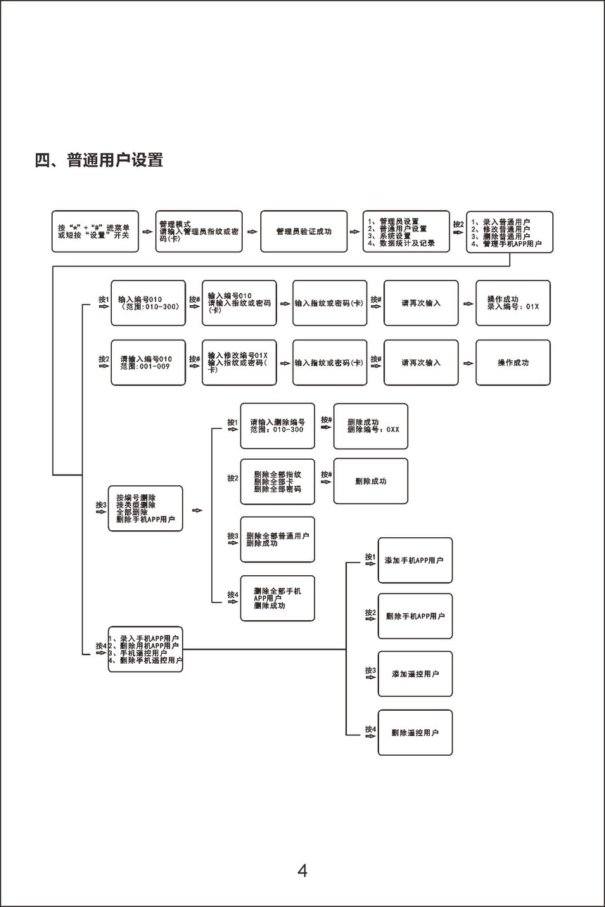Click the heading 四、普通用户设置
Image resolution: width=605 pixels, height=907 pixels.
(99, 160)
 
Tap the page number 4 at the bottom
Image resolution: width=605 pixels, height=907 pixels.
(302, 870)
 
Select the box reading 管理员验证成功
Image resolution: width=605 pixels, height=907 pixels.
(304, 231)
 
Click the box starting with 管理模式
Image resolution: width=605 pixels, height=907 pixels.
(199, 231)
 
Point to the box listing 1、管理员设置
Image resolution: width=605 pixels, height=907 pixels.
(406, 231)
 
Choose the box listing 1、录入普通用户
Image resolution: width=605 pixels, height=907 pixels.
(509, 231)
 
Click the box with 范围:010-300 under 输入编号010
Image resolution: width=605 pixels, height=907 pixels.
(148, 303)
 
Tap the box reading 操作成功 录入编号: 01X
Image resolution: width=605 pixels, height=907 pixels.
(513, 303)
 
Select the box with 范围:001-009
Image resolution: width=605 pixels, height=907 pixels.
(148, 363)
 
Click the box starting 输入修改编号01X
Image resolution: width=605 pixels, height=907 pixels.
(239, 363)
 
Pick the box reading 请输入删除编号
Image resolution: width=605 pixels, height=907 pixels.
(277, 426)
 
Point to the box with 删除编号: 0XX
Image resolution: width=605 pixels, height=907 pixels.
(370, 426)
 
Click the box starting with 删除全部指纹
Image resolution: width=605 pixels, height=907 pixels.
(277, 482)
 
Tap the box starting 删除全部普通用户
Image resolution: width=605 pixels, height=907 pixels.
(277, 539)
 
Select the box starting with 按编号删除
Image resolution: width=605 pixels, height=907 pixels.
(145, 508)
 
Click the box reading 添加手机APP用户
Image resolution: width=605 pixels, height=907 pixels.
(415, 560)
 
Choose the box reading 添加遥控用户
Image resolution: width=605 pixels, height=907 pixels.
(415, 674)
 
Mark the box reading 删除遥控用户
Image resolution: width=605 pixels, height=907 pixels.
(415, 733)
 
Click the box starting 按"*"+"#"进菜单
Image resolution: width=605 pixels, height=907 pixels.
(95, 231)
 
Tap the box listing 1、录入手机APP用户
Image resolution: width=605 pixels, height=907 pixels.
(145, 649)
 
